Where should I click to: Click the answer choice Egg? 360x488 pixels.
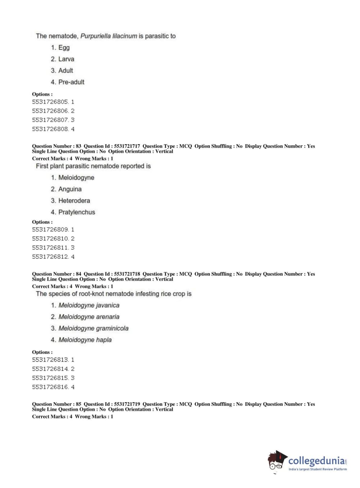click(x=64, y=48)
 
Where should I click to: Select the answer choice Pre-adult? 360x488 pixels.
click(x=71, y=82)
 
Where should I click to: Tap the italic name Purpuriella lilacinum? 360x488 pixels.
click(x=109, y=36)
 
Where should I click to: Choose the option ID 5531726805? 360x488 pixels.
click(x=50, y=102)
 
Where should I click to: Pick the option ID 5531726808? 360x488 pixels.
click(x=50, y=129)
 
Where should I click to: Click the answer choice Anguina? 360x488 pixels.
click(x=70, y=189)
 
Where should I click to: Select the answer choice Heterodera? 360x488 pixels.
click(x=74, y=200)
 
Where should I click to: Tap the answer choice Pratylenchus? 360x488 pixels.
click(x=77, y=212)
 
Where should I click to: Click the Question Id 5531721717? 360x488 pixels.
click(x=127, y=146)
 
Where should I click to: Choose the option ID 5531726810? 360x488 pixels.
click(x=50, y=239)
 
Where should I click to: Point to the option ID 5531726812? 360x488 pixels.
click(x=50, y=257)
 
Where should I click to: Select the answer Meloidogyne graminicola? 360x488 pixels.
click(x=93, y=328)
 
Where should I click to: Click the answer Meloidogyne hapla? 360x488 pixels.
click(x=85, y=340)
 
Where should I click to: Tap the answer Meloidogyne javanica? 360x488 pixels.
click(x=89, y=305)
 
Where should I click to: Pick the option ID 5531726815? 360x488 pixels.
click(x=50, y=378)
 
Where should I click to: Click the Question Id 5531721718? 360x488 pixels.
click(x=127, y=274)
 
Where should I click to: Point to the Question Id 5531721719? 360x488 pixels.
click(x=127, y=404)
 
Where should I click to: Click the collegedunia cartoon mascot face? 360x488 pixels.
click(x=276, y=461)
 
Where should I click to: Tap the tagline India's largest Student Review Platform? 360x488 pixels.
click(x=318, y=469)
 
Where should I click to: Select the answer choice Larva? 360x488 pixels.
click(x=66, y=59)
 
